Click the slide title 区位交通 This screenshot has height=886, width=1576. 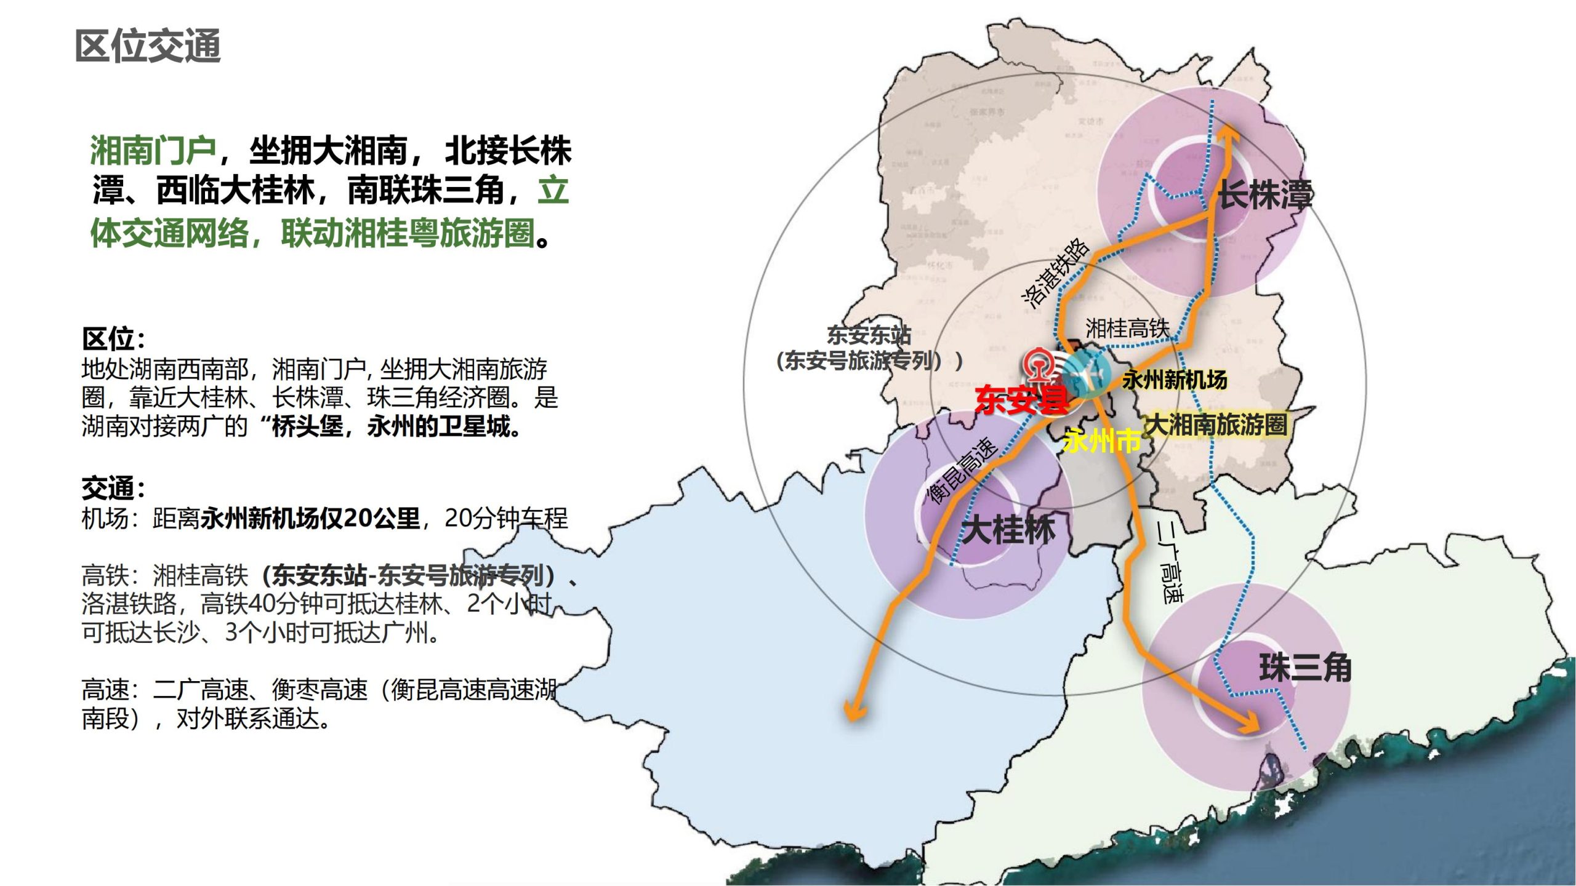pyautogui.click(x=148, y=46)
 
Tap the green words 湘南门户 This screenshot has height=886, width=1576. pyautogui.click(x=153, y=150)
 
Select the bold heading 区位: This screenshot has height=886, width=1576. pyautogui.click(x=114, y=339)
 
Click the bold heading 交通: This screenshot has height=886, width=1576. pyautogui.click(x=114, y=488)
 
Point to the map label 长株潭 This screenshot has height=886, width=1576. pyautogui.click(x=1264, y=194)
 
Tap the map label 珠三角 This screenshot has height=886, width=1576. pyautogui.click(x=1305, y=668)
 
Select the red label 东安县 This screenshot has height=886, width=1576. pyautogui.click(x=1022, y=400)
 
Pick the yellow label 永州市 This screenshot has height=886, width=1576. pyautogui.click(x=1102, y=441)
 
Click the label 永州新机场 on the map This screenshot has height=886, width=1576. pyautogui.click(x=1175, y=380)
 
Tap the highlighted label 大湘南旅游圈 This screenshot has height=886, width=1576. pyautogui.click(x=1216, y=425)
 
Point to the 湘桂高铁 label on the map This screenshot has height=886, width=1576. pyautogui.click(x=1127, y=328)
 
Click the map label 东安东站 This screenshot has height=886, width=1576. pyautogui.click(x=868, y=336)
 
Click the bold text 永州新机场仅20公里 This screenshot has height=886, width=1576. pyautogui.click(x=310, y=519)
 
